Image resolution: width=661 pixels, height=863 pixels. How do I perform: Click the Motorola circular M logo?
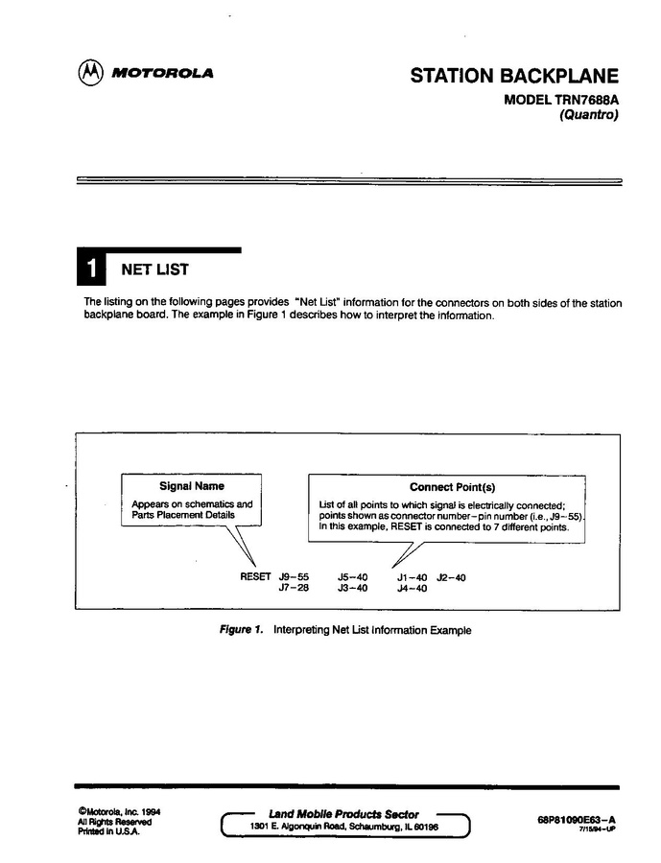pyautogui.click(x=91, y=73)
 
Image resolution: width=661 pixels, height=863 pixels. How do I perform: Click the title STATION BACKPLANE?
pyautogui.click(x=514, y=76)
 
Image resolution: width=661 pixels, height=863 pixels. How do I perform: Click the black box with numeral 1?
pyautogui.click(x=91, y=269)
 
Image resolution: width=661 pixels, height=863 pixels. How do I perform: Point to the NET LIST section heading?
pyautogui.click(x=153, y=270)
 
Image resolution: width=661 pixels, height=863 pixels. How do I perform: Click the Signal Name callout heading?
pyautogui.click(x=192, y=486)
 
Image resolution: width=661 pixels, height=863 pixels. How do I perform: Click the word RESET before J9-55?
pyautogui.click(x=255, y=577)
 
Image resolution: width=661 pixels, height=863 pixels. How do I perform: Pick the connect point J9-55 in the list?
pyautogui.click(x=294, y=577)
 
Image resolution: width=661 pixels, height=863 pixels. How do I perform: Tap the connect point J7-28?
pyautogui.click(x=294, y=589)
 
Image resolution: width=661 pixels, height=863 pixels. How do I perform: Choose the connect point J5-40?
pyautogui.click(x=353, y=577)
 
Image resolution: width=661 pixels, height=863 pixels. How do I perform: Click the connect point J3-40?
pyautogui.click(x=353, y=589)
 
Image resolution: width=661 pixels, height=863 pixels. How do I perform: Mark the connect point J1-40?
pyautogui.click(x=412, y=577)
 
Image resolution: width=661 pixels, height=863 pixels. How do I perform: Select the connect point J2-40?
pyautogui.click(x=451, y=577)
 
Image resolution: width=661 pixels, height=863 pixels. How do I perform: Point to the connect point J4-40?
pyautogui.click(x=412, y=589)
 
